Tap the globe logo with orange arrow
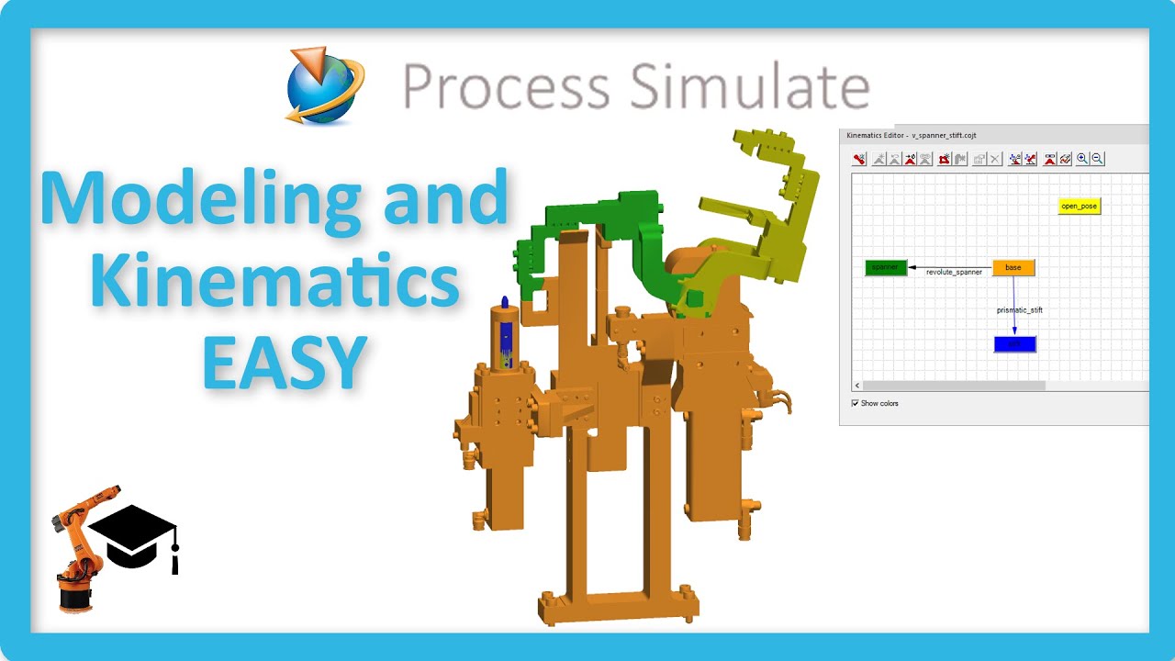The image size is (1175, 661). click(324, 85)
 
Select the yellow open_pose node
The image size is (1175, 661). click(1079, 206)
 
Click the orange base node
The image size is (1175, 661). click(1013, 267)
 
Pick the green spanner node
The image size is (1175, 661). click(886, 267)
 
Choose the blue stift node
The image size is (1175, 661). click(1014, 344)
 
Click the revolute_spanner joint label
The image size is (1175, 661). click(954, 273)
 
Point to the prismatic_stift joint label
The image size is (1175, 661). click(1020, 310)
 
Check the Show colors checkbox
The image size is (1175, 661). click(856, 403)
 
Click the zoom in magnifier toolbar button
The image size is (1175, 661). click(1083, 159)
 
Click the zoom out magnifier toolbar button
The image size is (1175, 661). click(1098, 159)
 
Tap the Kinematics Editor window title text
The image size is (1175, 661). click(911, 135)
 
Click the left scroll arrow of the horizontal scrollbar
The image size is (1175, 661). click(857, 386)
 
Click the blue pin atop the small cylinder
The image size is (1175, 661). click(505, 304)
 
